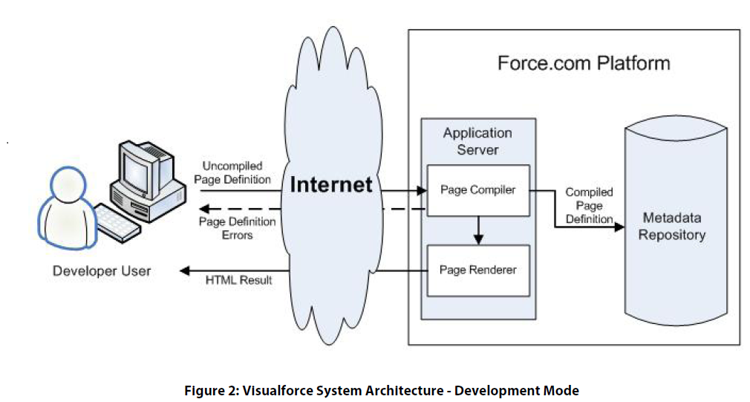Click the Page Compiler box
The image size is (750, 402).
[x=477, y=190]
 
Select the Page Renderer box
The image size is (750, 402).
[x=477, y=270]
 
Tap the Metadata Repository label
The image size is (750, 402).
[x=671, y=227]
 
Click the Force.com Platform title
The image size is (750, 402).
[x=584, y=63]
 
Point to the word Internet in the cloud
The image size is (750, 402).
[x=330, y=184]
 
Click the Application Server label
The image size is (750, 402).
[x=477, y=141]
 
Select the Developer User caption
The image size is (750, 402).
[x=102, y=271]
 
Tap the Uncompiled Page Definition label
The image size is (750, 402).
[x=237, y=173]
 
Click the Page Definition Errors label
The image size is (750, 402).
[x=237, y=228]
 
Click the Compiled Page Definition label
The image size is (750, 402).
[x=589, y=206]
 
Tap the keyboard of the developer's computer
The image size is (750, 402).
[x=120, y=221]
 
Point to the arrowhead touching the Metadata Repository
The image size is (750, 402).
[x=618, y=227]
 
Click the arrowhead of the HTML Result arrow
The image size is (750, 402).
[x=185, y=270]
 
